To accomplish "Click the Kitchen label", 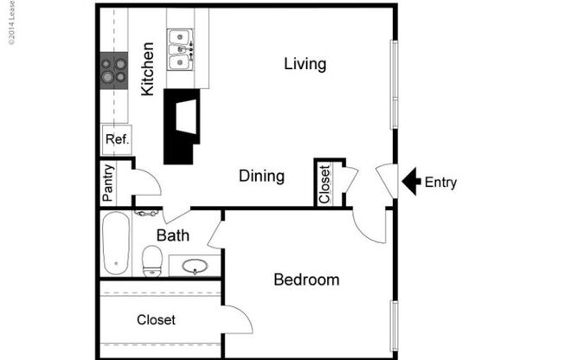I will coord(148,68).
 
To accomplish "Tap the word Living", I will coord(305,64).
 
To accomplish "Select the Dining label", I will coord(261,177).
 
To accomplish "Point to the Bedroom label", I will coord(306,280).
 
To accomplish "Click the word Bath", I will coord(173,235).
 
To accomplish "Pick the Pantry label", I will coord(108,183).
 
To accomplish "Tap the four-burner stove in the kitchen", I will coord(114,69).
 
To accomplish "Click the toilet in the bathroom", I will coord(152,258).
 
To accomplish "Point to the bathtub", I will coord(115,244).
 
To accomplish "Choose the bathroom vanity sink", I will coord(195,266).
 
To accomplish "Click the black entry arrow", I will coord(412,182).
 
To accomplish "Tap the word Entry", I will coord(441,183).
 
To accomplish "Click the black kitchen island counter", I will coord(183,125).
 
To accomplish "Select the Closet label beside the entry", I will coord(324,184).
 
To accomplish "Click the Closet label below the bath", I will coord(156,320).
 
